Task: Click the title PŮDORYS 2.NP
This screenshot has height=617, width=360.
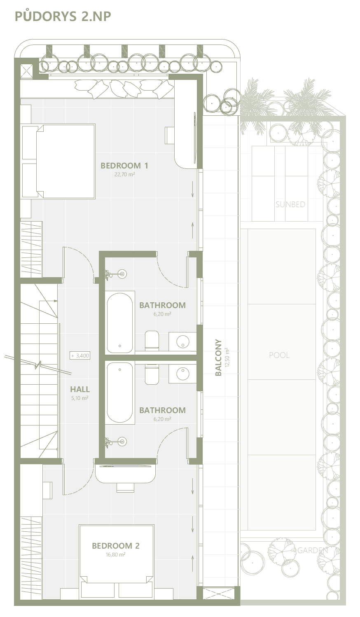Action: click(x=63, y=16)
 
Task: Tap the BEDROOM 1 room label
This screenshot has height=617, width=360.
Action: click(x=124, y=166)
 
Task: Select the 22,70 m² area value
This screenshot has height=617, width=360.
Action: click(x=124, y=174)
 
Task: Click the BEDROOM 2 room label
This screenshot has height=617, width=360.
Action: click(x=116, y=546)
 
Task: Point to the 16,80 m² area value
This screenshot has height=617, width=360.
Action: click(x=116, y=554)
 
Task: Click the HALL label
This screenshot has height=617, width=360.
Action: click(x=80, y=389)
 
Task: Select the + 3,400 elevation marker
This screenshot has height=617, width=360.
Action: click(x=80, y=355)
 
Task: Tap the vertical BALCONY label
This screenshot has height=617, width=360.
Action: click(x=218, y=357)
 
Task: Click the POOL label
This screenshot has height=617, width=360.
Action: click(x=279, y=355)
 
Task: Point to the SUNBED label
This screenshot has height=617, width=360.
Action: click(x=290, y=204)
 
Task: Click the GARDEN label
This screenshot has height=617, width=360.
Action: click(x=313, y=550)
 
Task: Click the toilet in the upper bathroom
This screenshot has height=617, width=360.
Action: click(x=152, y=341)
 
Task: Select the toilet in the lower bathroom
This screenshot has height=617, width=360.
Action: click(x=152, y=374)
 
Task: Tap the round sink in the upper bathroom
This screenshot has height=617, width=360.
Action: click(x=182, y=342)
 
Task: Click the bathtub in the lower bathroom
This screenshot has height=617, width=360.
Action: click(x=120, y=393)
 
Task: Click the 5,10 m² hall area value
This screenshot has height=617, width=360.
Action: click(x=79, y=398)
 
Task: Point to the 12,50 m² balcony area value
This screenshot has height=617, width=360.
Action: click(x=227, y=357)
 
